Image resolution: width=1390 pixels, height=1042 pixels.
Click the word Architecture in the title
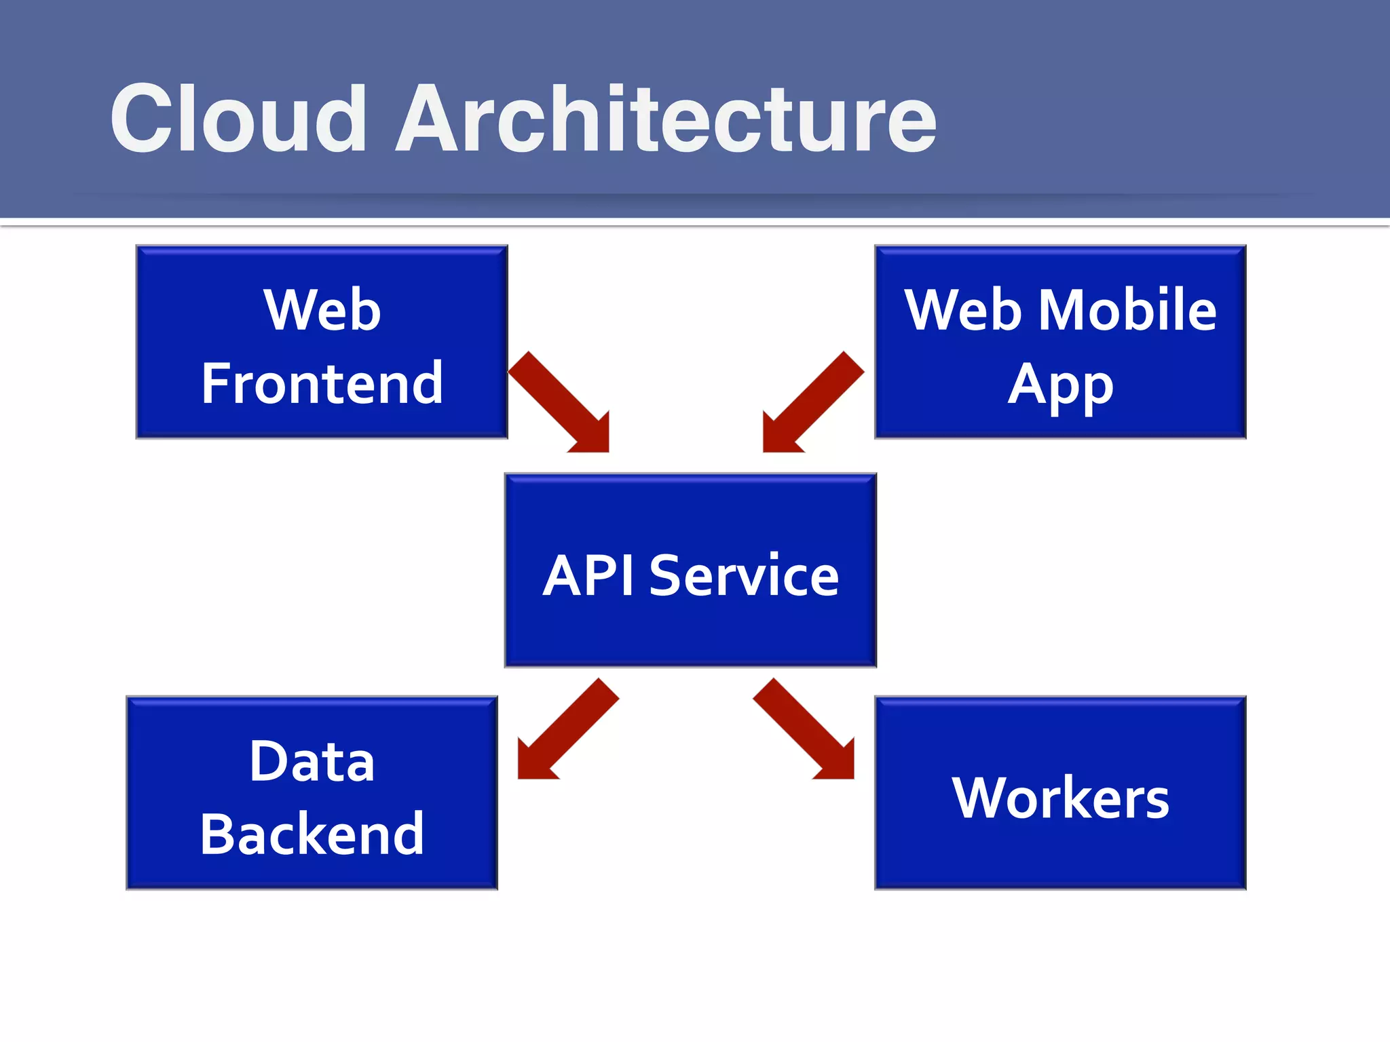(666, 119)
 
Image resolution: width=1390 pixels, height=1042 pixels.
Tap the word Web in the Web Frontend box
(322, 310)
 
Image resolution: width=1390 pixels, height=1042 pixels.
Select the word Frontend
(322, 384)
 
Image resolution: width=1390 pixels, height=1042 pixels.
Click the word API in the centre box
(589, 576)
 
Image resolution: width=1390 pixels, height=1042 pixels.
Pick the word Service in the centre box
(744, 576)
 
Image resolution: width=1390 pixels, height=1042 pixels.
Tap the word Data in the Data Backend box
(312, 762)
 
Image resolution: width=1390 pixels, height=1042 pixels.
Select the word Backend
(312, 834)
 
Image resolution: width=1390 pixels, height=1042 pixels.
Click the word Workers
(1060, 798)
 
